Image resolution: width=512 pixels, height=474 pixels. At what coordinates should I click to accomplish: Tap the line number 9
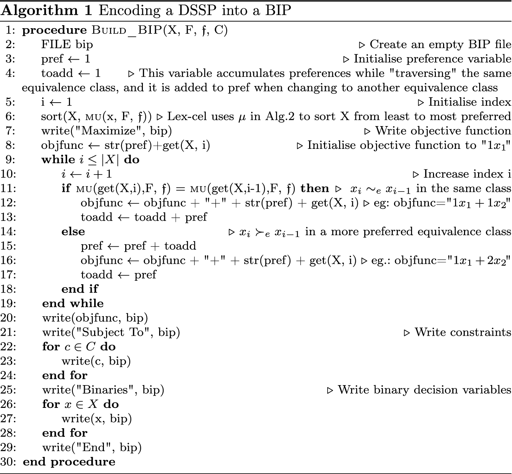click(x=11, y=160)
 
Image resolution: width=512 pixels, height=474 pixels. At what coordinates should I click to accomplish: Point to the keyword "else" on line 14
click(x=73, y=232)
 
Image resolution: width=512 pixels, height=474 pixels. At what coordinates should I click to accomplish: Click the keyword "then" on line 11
click(x=315, y=188)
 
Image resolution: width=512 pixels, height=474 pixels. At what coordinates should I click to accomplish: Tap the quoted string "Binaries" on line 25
click(x=105, y=390)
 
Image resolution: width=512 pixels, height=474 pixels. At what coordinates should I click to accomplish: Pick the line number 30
click(x=8, y=462)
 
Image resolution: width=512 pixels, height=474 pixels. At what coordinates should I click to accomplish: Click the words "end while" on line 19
click(x=73, y=303)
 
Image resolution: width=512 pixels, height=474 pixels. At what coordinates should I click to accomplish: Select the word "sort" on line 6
click(x=52, y=117)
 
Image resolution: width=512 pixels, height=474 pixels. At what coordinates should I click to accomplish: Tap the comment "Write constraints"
click(x=463, y=332)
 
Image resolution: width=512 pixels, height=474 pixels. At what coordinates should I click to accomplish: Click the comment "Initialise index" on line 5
click(x=469, y=102)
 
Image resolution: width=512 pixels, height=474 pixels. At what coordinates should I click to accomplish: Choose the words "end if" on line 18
click(x=80, y=289)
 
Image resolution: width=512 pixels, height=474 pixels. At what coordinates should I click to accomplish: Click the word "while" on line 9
click(x=58, y=160)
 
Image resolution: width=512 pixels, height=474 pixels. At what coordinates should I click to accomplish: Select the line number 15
click(x=8, y=246)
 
